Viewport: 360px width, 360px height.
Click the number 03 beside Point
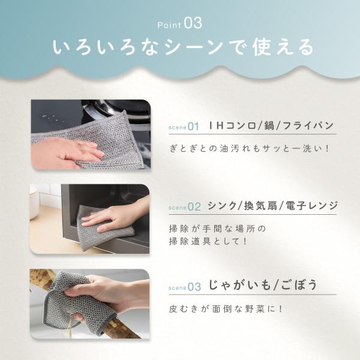tap(193, 23)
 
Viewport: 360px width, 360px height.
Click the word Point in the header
tap(169, 25)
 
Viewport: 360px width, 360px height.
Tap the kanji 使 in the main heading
tap(262, 47)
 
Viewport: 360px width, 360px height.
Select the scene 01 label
tap(184, 127)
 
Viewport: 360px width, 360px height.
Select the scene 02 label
tap(185, 207)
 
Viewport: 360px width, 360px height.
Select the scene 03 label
tap(185, 287)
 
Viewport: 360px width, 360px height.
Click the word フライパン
tap(308, 125)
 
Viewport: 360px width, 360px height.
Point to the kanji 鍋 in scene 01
tap(269, 125)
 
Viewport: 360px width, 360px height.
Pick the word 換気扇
tap(260, 205)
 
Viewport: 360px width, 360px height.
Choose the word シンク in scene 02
tap(221, 205)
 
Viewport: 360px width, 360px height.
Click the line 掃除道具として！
tap(208, 241)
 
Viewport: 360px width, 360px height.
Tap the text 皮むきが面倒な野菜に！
tap(226, 309)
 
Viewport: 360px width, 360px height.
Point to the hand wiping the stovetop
tap(67, 152)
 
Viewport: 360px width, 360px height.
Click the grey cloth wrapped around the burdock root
tap(76, 303)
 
